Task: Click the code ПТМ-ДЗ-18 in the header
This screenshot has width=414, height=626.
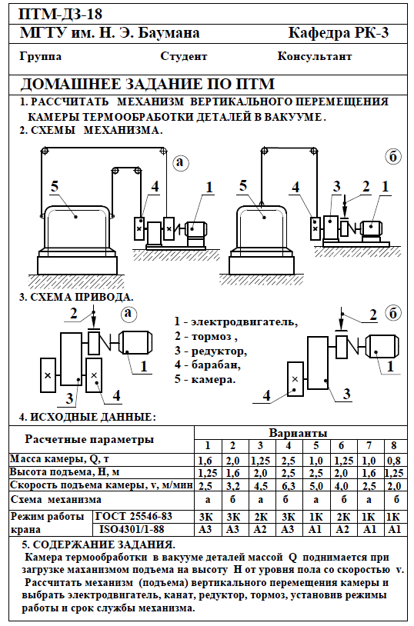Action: click(61, 15)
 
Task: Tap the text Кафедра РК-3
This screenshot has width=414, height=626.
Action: click(339, 33)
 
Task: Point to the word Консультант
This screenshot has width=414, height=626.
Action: click(315, 56)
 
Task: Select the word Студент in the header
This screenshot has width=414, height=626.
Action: click(183, 56)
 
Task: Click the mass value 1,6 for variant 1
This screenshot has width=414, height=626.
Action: click(205, 461)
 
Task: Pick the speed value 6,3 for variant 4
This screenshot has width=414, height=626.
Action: click(288, 486)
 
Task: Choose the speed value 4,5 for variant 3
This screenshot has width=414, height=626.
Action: click(261, 486)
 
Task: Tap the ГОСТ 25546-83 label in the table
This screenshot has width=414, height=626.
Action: click(134, 516)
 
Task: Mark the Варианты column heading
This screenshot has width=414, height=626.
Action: click(298, 433)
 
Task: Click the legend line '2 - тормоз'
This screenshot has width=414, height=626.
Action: click(205, 337)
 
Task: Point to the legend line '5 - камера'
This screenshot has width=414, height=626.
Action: click(205, 379)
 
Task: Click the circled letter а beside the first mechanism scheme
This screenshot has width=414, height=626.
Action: click(181, 161)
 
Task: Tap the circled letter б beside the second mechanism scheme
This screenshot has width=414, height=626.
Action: click(392, 157)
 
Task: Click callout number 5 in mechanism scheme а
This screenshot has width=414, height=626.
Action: click(55, 186)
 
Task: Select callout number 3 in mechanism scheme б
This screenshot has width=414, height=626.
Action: click(337, 186)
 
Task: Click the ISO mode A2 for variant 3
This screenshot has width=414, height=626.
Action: click(261, 529)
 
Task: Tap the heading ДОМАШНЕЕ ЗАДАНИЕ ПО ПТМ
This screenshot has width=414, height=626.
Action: click(148, 85)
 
